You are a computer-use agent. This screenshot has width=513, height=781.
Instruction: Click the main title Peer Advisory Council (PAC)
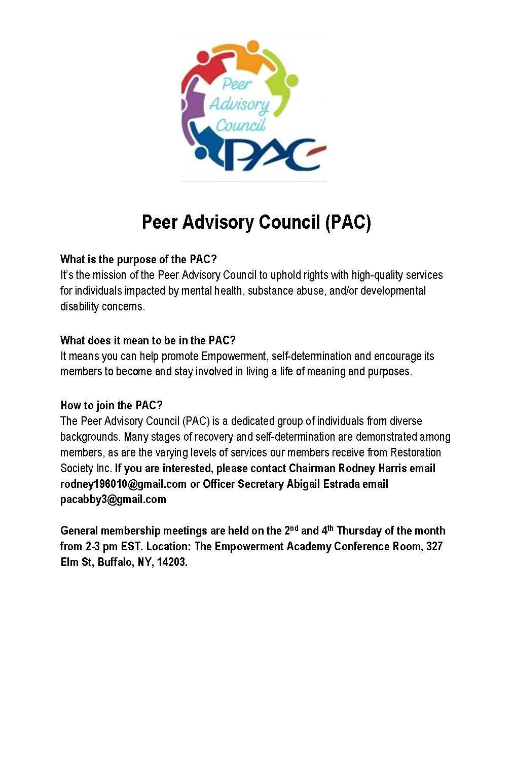pyautogui.click(x=256, y=222)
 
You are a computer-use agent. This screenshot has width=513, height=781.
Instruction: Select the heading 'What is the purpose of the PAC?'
pyautogui.click(x=138, y=259)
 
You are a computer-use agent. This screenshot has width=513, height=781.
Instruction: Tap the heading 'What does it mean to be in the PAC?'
pyautogui.click(x=148, y=340)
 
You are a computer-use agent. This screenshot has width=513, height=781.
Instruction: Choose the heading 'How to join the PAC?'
pyautogui.click(x=111, y=405)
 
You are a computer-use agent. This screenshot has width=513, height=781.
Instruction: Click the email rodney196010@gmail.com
pyautogui.click(x=123, y=484)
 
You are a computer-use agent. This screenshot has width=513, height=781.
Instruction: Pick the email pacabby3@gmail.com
pyautogui.click(x=113, y=500)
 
